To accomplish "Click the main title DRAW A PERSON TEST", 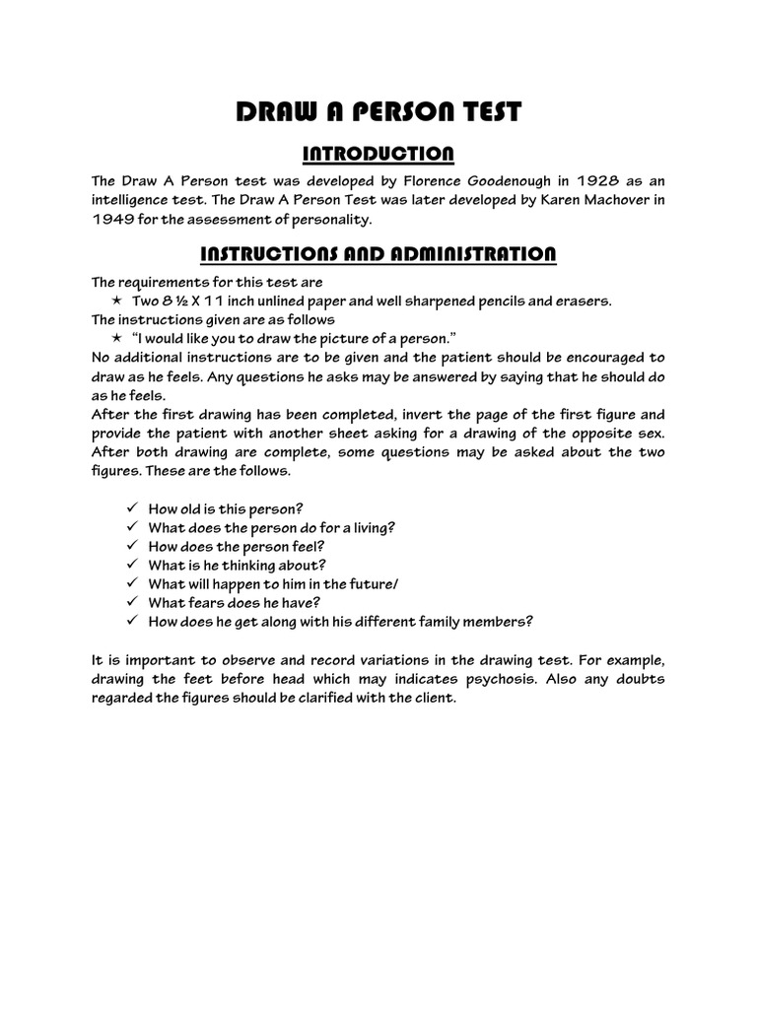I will coord(378,112).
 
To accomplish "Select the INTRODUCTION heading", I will coord(378,154).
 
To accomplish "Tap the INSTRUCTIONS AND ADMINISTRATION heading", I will coord(378,254).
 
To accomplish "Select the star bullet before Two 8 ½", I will coord(116,301).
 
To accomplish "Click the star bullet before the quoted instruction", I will coord(116,338).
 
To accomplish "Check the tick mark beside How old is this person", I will coord(132,508).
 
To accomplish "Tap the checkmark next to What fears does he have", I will coord(132,602).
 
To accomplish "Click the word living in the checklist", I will coord(370,527).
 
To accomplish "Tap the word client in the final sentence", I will coord(435,699).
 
